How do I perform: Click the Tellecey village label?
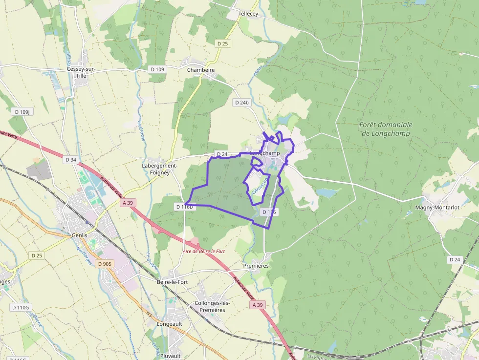click(248, 14)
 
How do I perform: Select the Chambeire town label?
click(201, 70)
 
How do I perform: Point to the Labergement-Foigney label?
click(159, 169)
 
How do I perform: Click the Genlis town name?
click(79, 235)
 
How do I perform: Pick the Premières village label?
click(256, 266)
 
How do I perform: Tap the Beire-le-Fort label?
click(172, 282)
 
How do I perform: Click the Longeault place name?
click(170, 323)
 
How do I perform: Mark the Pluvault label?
click(170, 356)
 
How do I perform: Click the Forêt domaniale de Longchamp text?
click(386, 128)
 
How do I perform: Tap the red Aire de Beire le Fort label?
click(203, 251)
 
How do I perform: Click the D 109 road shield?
click(157, 69)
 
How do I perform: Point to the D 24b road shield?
click(242, 103)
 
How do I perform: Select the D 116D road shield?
click(185, 207)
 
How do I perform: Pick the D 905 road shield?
click(105, 264)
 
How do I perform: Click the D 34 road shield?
click(71, 160)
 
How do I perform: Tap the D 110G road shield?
click(21, 307)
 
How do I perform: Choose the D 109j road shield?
click(22, 112)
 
